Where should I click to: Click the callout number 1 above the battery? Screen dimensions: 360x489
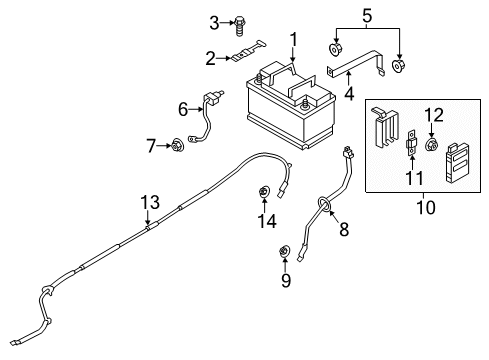294,40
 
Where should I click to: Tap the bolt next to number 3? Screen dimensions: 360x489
243,23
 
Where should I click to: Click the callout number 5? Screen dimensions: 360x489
366,15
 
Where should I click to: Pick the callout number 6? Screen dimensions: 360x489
183,108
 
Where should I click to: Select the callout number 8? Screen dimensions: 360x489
343,232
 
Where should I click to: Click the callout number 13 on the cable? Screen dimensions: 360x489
149,204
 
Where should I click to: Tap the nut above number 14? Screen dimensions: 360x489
266,192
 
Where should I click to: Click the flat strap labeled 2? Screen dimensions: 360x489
254,56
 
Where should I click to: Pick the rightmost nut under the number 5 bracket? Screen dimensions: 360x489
400,67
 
